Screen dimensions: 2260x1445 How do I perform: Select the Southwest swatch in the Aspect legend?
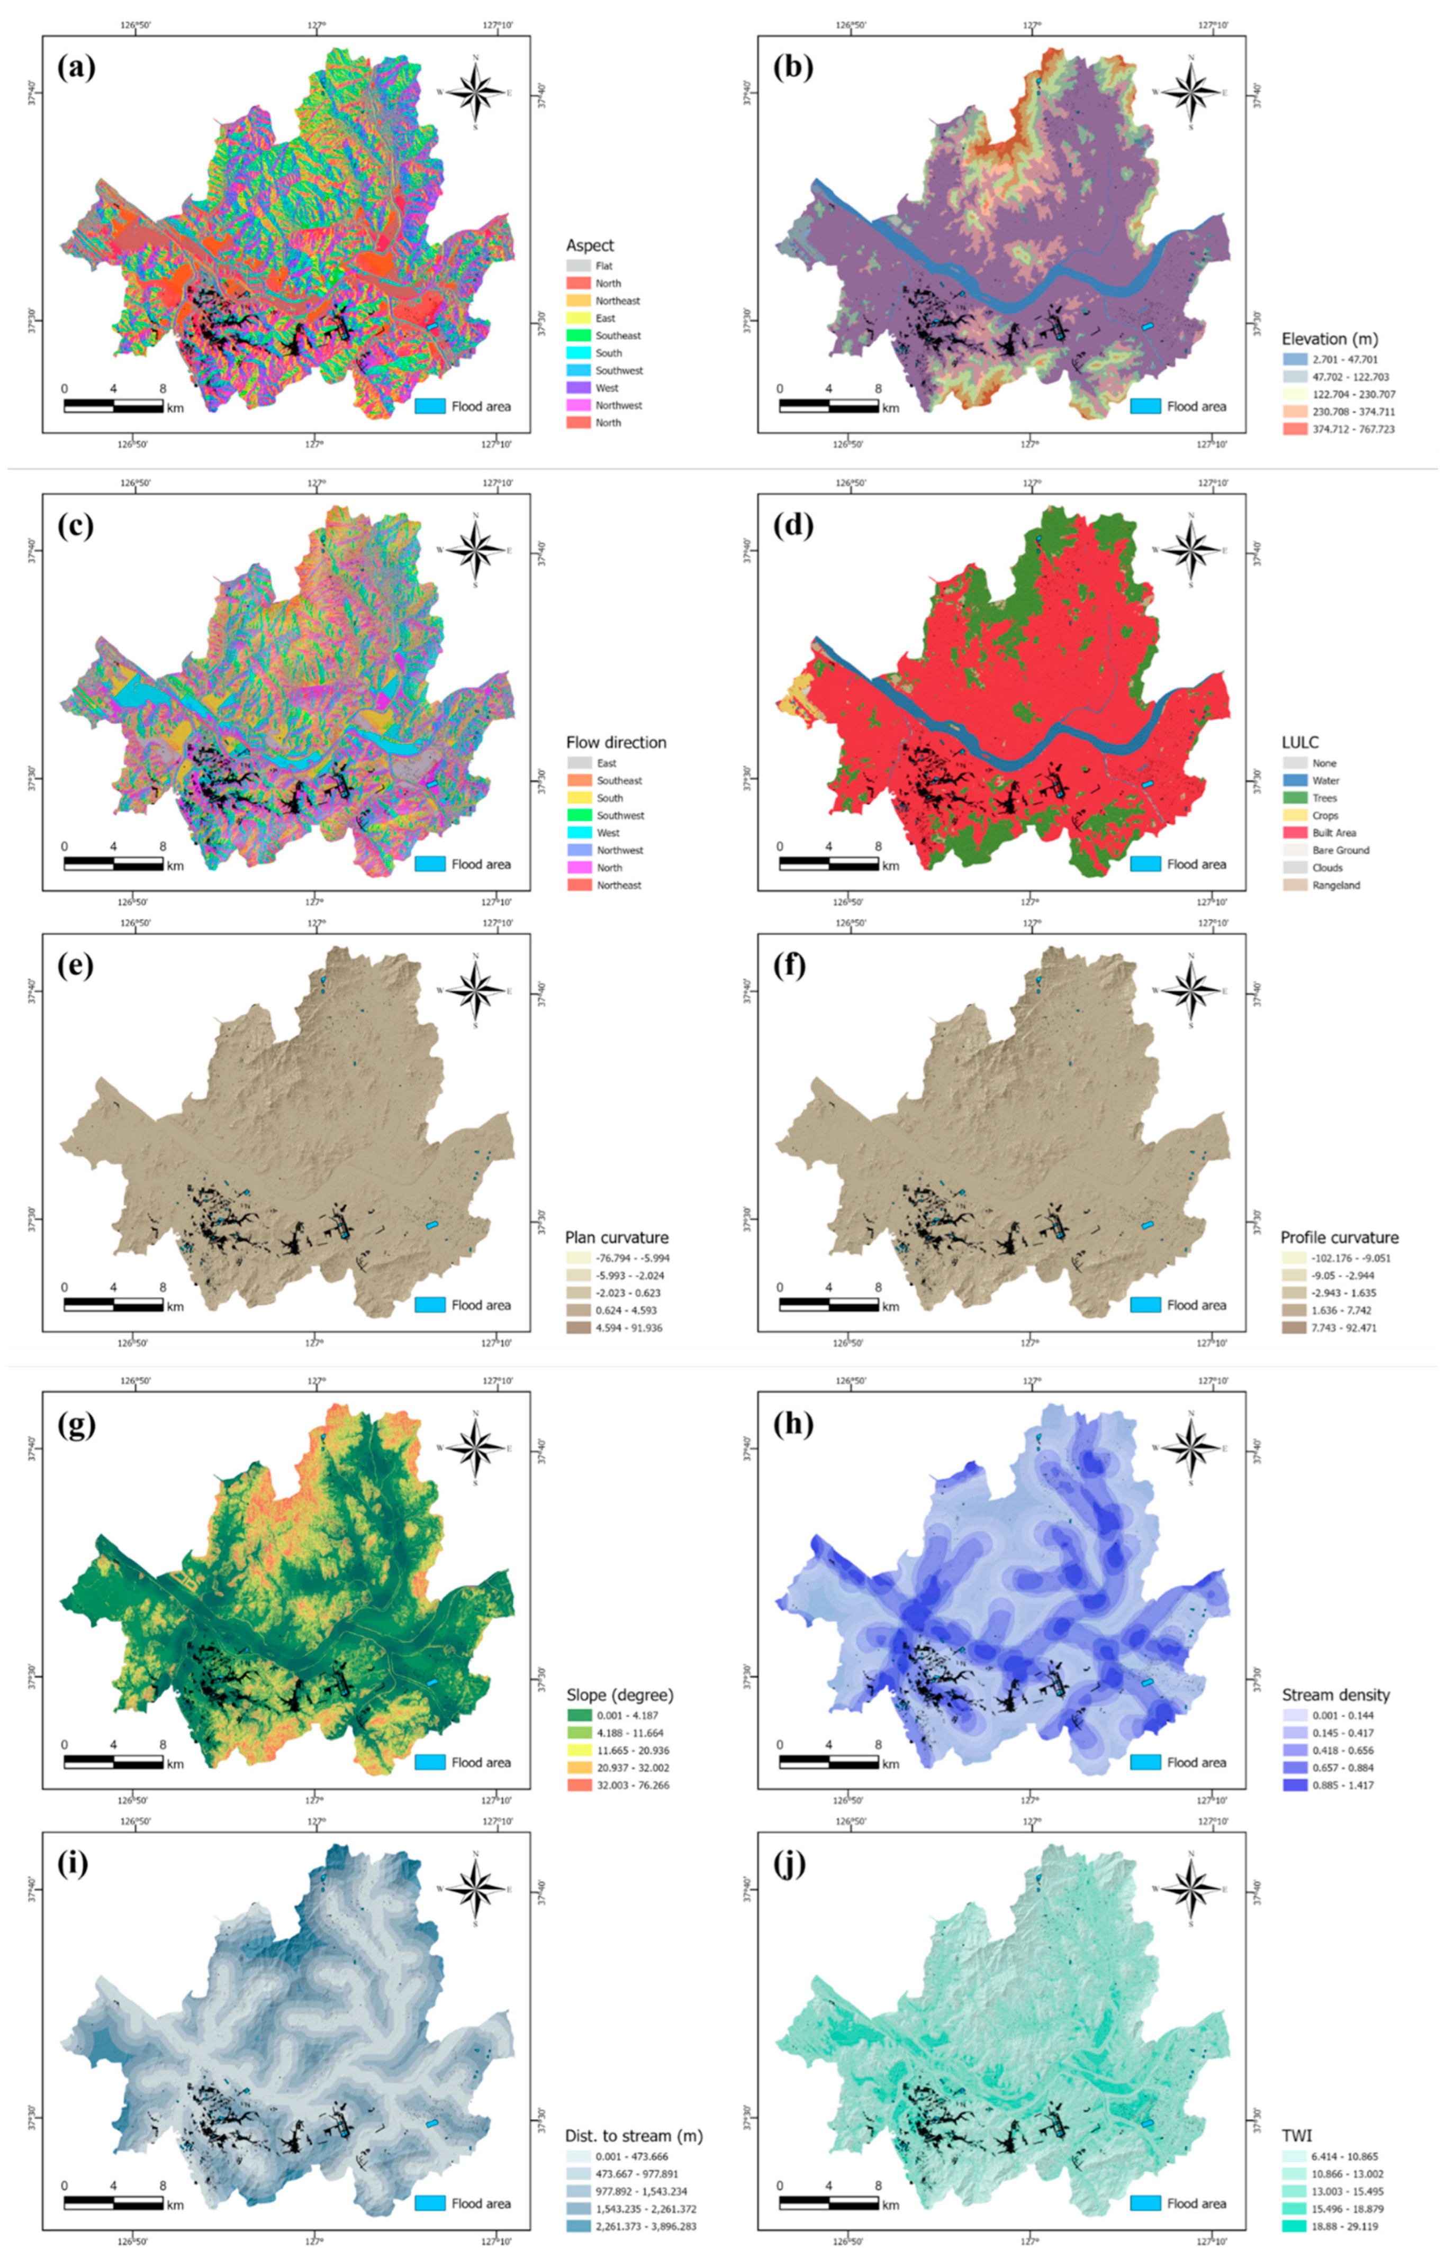[x=579, y=371]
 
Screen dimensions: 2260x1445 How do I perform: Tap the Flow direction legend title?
[x=616, y=742]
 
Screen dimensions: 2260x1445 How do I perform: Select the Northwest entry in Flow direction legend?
[x=619, y=850]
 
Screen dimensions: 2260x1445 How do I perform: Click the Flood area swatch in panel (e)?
[x=430, y=1305]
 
